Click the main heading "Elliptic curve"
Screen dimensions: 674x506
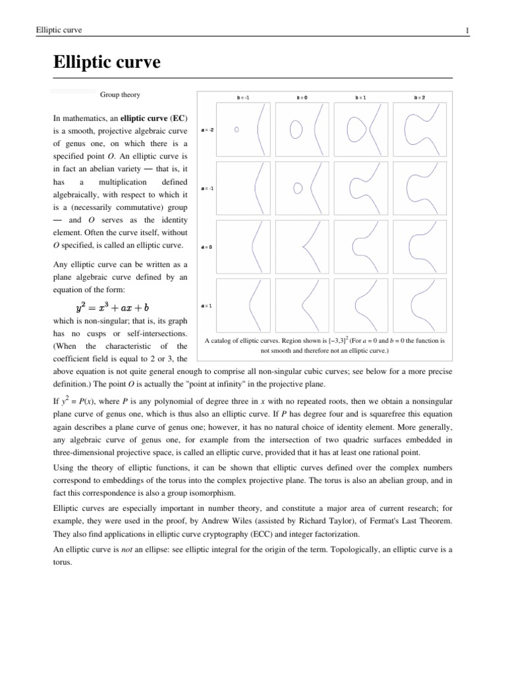pyautogui.click(x=107, y=64)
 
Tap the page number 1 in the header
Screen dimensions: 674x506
pyautogui.click(x=467, y=30)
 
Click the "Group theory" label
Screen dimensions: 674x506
pyautogui.click(x=120, y=95)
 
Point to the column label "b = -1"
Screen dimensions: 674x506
pyautogui.click(x=243, y=97)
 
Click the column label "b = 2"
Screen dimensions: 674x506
pyautogui.click(x=419, y=97)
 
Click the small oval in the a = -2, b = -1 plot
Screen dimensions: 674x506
pyautogui.click(x=237, y=130)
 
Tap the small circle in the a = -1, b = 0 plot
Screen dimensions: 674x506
pyautogui.click(x=297, y=188)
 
